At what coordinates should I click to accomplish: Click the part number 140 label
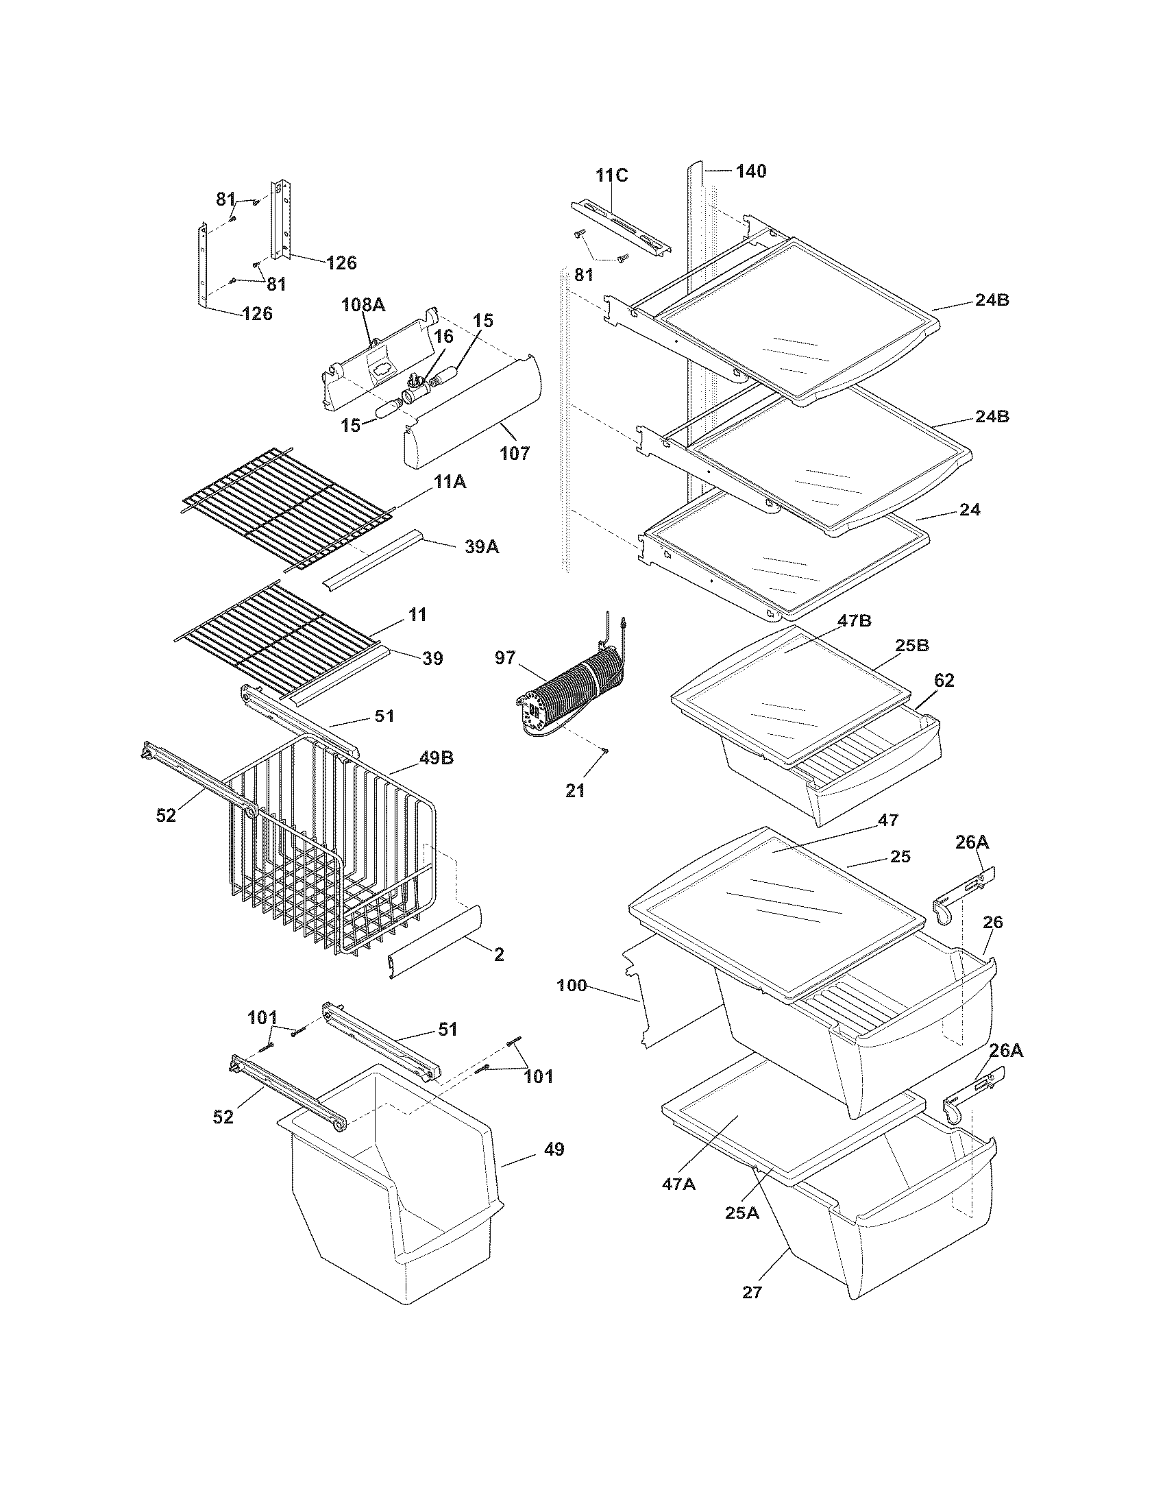click(x=751, y=171)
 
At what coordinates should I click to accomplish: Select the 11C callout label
click(x=612, y=175)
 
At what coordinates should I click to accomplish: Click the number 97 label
click(x=505, y=658)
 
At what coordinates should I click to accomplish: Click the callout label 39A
click(x=481, y=547)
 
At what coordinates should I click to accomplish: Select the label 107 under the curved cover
click(x=515, y=454)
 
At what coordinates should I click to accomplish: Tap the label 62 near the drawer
click(x=944, y=680)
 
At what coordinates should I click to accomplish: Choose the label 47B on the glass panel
click(x=855, y=621)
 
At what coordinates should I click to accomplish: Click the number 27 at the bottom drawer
click(x=752, y=1293)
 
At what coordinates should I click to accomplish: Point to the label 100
click(x=572, y=985)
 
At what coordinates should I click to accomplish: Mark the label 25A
click(x=742, y=1213)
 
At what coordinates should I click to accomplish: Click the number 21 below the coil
click(x=575, y=791)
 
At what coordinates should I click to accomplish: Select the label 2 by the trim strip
click(x=499, y=955)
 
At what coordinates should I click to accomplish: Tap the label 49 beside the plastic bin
click(x=554, y=1150)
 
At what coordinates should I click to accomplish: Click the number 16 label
click(x=444, y=337)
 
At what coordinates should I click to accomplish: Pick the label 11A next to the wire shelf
click(x=450, y=483)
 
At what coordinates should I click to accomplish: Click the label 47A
click(x=678, y=1184)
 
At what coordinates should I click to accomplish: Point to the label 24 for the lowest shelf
click(x=970, y=509)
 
